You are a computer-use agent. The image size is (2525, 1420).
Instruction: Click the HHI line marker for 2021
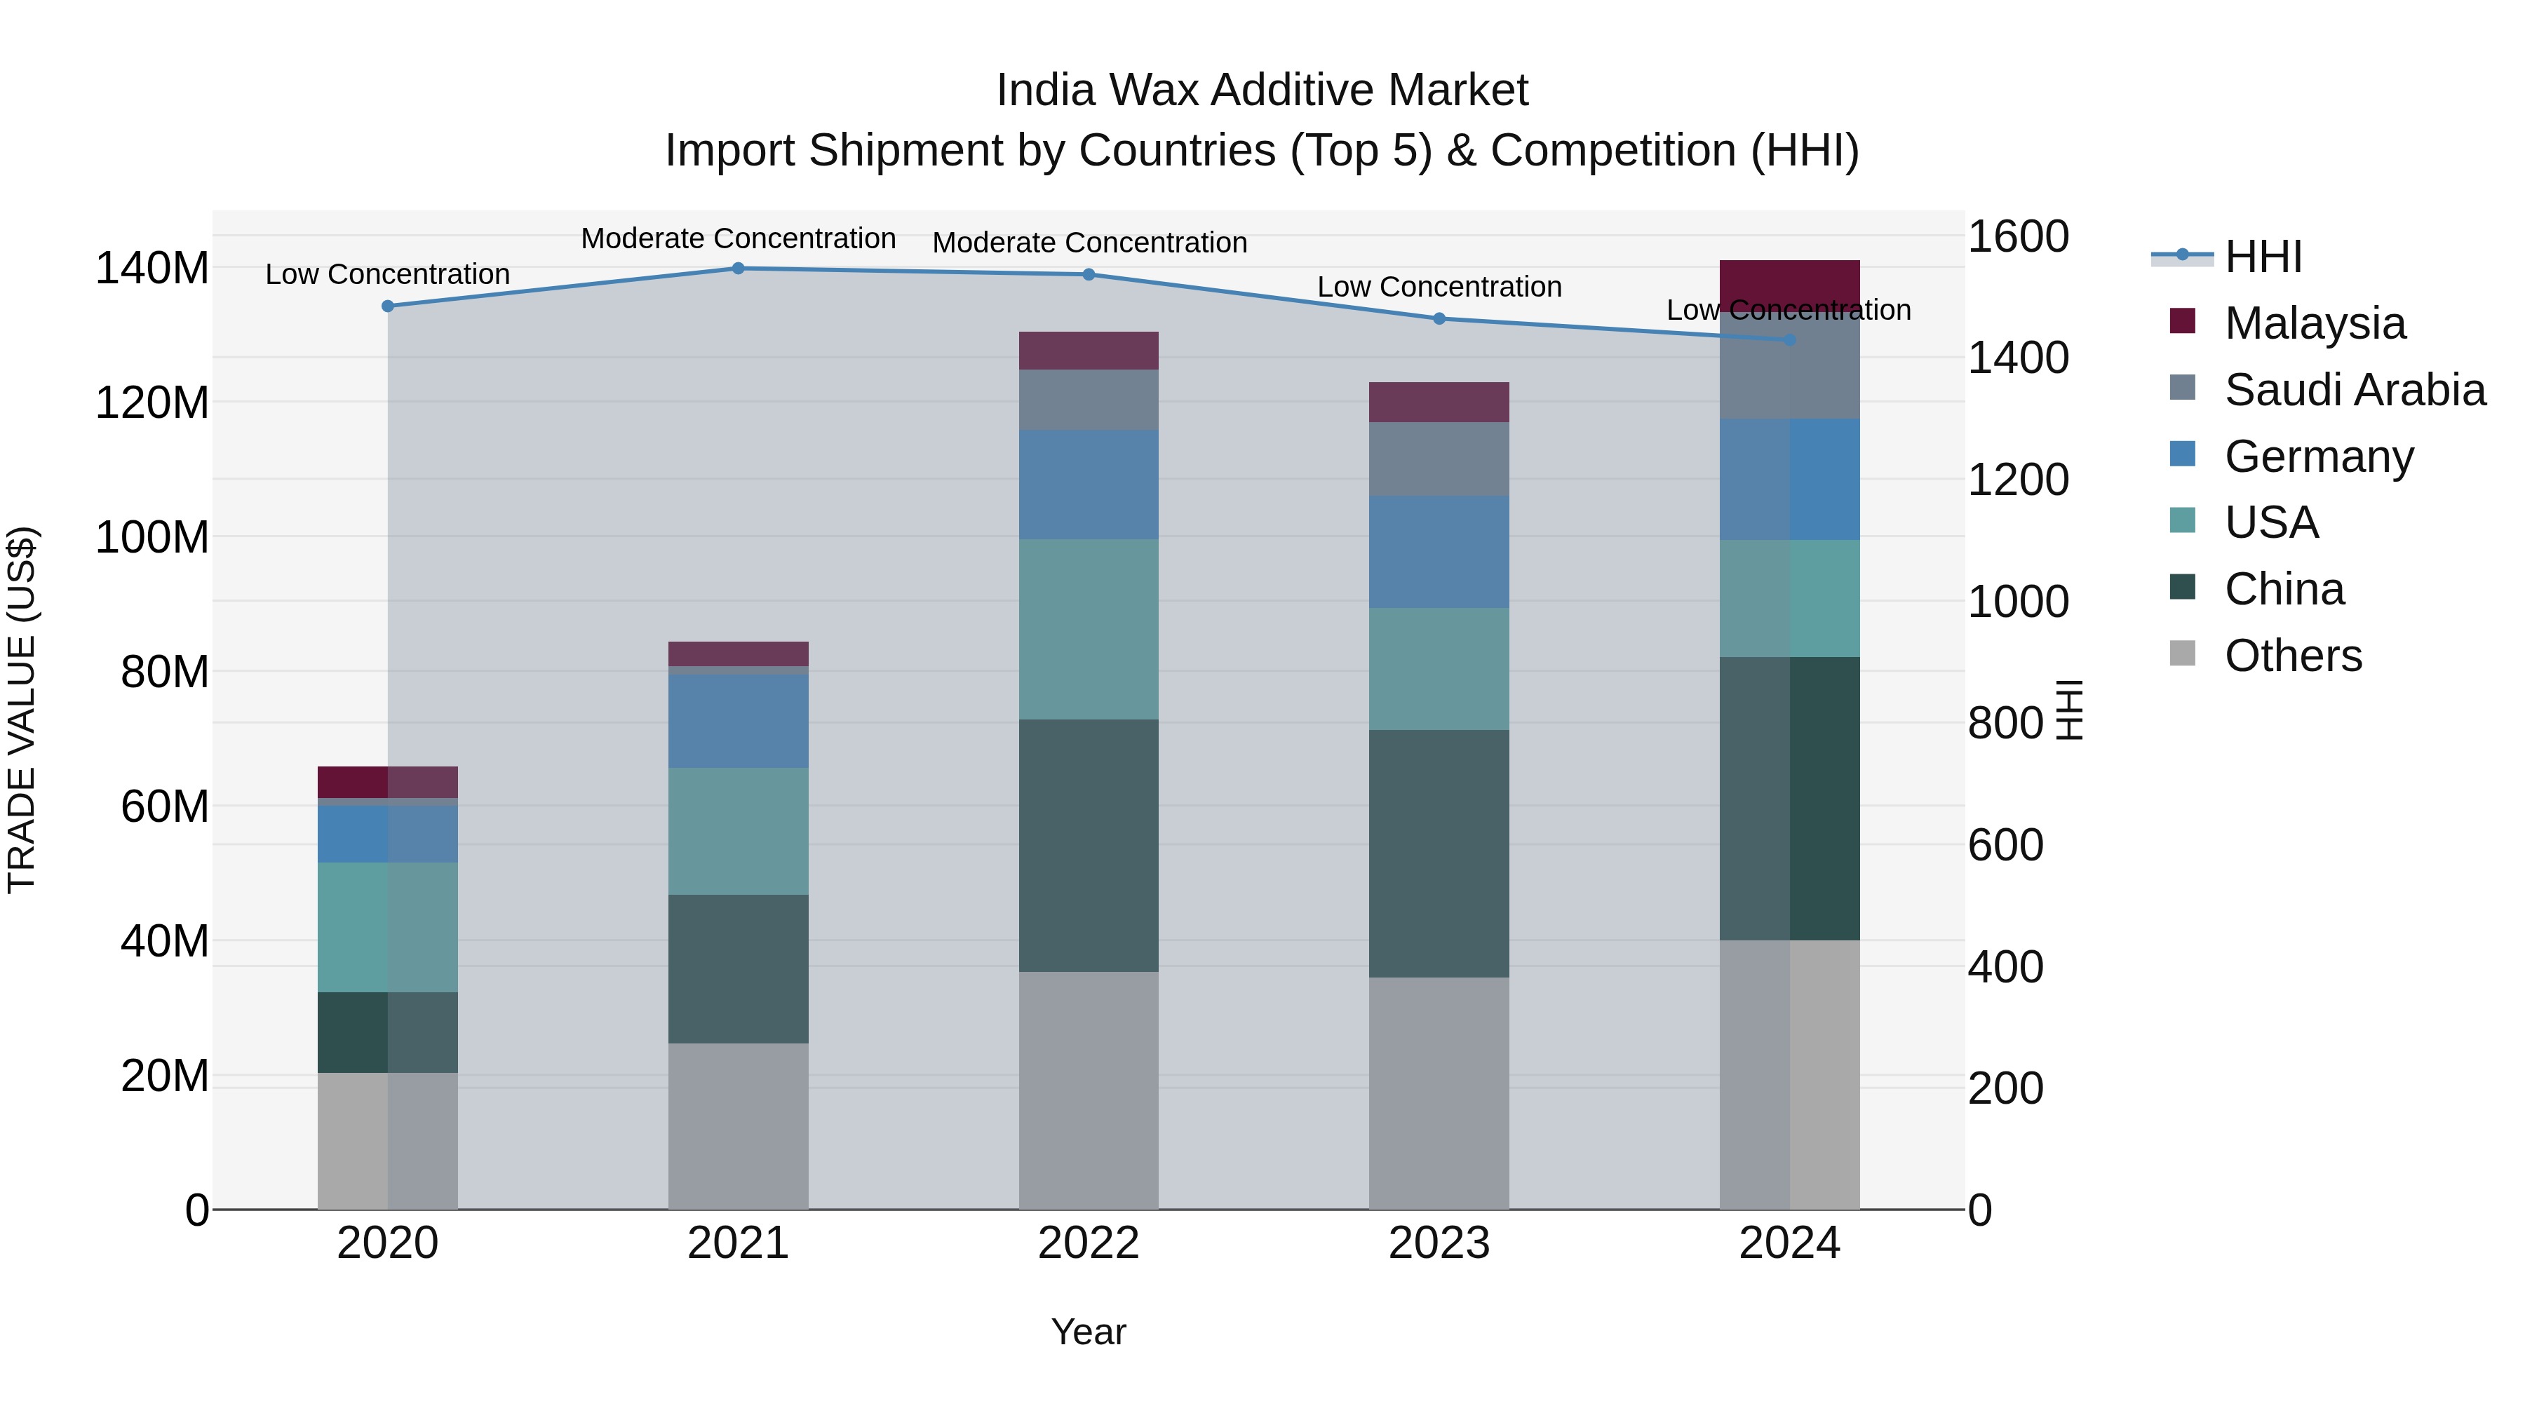[x=738, y=269]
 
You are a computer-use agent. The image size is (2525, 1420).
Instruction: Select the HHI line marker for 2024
[x=1790, y=340]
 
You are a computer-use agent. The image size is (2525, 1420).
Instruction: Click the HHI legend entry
[x=2262, y=257]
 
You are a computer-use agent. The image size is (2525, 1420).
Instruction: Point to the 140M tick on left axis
[x=152, y=269]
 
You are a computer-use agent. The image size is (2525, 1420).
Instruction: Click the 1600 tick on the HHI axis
[x=2018, y=237]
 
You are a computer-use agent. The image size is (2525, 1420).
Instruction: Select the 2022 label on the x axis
[x=1088, y=1243]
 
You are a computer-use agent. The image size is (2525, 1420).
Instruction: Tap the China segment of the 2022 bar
[x=1088, y=845]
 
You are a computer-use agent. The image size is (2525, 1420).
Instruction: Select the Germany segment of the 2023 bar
[x=1439, y=552]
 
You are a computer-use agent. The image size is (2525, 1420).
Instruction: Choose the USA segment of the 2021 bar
[x=738, y=831]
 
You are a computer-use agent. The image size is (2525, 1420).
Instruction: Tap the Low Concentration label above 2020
[x=387, y=274]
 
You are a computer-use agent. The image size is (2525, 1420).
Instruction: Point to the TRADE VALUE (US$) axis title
[x=22, y=710]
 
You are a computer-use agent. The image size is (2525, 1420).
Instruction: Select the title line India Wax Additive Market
[x=1262, y=90]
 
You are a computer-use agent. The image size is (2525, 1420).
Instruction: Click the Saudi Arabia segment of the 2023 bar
[x=1439, y=459]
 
